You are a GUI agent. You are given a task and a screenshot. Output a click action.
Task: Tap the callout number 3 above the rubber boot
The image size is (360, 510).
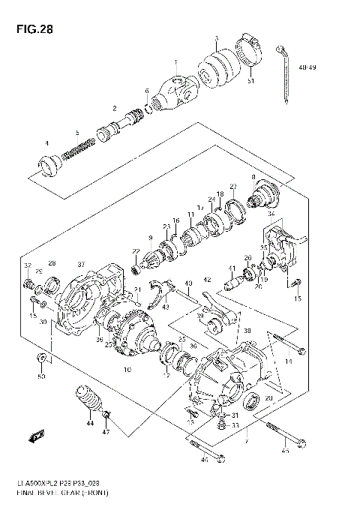[216, 38]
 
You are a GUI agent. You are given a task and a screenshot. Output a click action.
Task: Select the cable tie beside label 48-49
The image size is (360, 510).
[284, 71]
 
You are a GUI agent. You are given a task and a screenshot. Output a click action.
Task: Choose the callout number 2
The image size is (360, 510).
[115, 108]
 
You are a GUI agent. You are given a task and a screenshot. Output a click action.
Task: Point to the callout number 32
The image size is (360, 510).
[27, 265]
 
